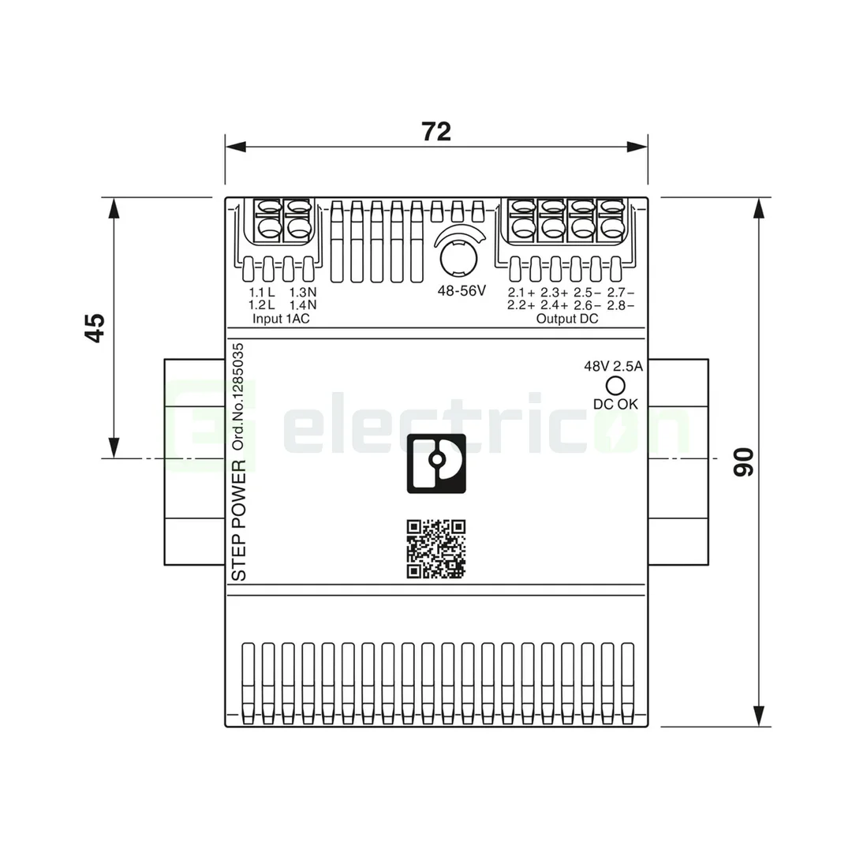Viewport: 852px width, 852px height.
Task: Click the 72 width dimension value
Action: click(x=435, y=132)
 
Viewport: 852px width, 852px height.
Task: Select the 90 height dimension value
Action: click(x=743, y=461)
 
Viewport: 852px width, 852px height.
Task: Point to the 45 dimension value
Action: click(x=95, y=327)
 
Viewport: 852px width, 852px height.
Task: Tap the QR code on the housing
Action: click(x=435, y=549)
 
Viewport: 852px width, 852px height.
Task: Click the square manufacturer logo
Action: click(x=436, y=463)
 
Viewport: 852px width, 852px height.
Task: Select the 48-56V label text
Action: click(x=461, y=290)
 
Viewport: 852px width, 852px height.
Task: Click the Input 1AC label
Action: click(x=281, y=319)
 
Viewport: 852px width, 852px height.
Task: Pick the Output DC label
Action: click(x=566, y=319)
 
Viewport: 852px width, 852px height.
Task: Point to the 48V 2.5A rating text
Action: click(x=614, y=366)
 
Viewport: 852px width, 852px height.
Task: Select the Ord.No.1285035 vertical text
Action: click(x=239, y=396)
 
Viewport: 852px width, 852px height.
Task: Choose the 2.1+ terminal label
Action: click(x=521, y=293)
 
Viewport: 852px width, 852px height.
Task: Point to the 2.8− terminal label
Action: click(x=621, y=305)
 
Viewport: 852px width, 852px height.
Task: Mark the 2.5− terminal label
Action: click(x=588, y=293)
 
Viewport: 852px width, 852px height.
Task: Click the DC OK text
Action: click(x=615, y=404)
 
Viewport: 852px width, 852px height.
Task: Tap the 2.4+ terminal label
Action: click(x=555, y=305)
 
